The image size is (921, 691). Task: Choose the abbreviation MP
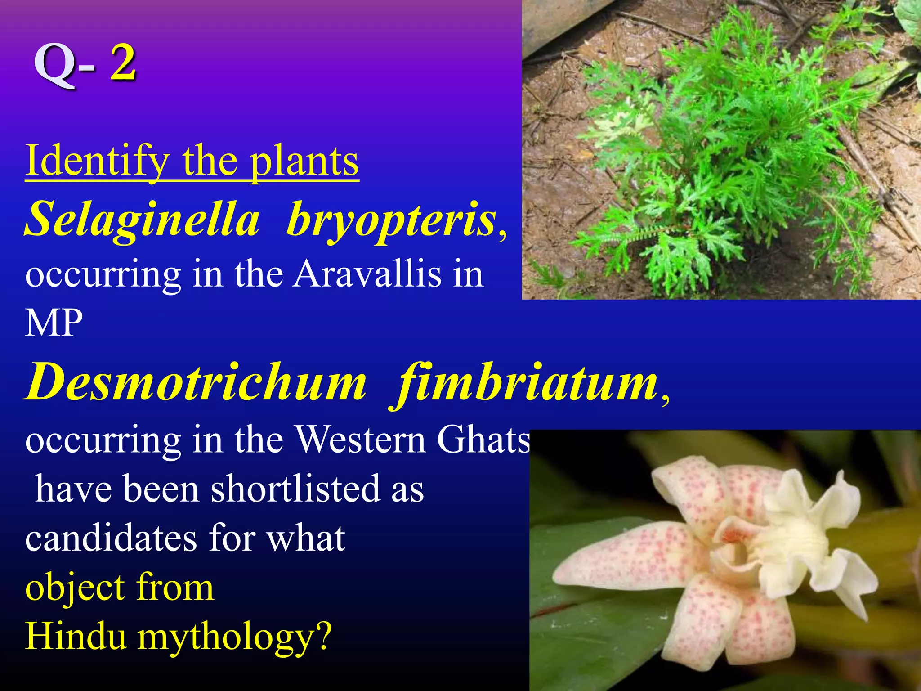[x=54, y=323]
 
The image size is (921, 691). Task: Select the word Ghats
[x=483, y=440]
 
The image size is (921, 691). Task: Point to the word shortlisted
[x=295, y=489]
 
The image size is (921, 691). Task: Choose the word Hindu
[x=75, y=636]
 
